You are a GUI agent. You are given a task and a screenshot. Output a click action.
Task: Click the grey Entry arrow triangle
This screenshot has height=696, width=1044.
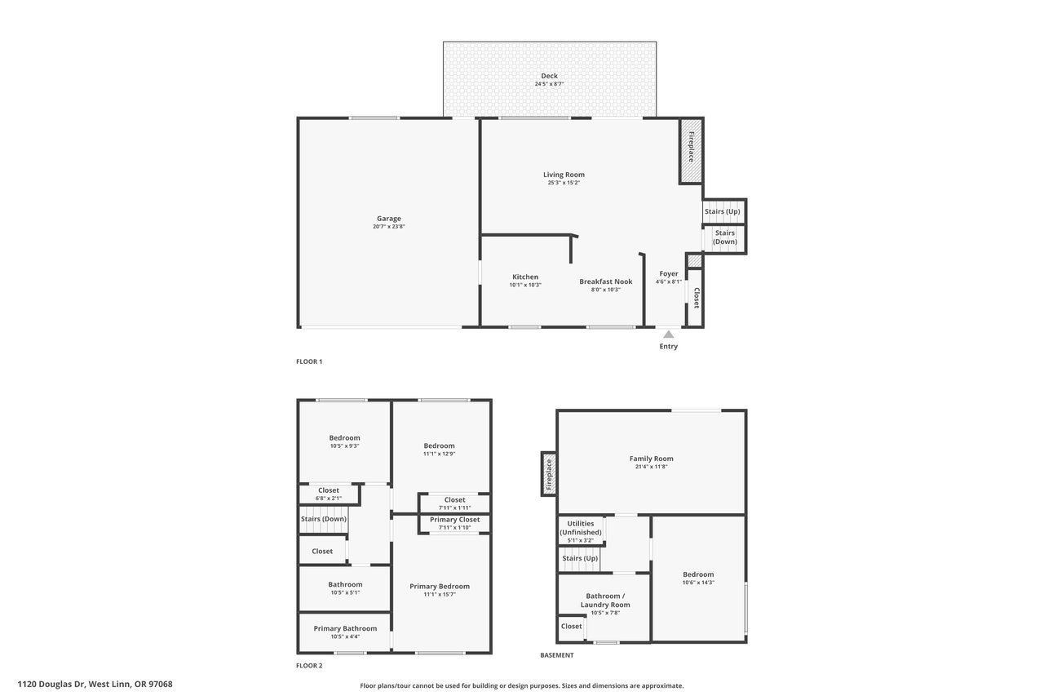coord(668,335)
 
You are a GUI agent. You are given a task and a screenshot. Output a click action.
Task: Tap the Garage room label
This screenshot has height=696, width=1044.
coord(389,218)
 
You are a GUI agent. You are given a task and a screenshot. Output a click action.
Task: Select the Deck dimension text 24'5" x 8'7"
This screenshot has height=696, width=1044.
coord(549,84)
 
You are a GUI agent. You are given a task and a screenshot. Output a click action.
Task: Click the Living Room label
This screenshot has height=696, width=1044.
coord(564,175)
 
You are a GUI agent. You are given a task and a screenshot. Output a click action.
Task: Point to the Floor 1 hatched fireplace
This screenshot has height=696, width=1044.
coord(691,151)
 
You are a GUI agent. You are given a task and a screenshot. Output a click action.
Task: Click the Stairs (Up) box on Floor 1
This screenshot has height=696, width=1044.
coord(724,211)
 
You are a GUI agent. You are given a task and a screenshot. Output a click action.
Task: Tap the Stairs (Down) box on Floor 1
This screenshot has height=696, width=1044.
coord(725,239)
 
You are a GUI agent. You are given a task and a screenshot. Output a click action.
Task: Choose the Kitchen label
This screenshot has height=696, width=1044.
coord(525,277)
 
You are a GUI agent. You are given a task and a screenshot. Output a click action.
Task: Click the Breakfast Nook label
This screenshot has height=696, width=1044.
coord(606,282)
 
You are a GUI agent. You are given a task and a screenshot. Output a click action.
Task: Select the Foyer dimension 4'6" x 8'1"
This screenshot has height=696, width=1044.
coord(668,282)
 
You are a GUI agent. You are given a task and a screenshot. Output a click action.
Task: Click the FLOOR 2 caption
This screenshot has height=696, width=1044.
coord(309,665)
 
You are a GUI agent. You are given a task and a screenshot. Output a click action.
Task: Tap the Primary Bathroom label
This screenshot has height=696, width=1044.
coord(345,628)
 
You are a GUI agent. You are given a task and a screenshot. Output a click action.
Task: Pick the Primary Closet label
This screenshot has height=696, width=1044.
coord(454,519)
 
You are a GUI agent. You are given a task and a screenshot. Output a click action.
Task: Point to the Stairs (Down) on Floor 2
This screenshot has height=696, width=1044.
coord(324,521)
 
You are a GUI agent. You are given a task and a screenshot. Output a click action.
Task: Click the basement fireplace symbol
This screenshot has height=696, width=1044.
coord(549,473)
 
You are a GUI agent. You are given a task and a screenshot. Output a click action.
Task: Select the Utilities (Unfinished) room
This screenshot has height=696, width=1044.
coord(581,530)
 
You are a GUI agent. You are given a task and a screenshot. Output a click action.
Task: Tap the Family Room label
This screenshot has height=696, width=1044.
coord(651,459)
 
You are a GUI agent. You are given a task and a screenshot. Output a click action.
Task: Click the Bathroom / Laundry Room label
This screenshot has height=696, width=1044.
coord(605,600)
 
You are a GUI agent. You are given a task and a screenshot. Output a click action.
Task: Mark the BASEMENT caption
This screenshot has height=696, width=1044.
coord(556,655)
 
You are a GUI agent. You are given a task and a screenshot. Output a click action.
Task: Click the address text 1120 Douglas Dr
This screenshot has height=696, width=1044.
coord(51,684)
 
